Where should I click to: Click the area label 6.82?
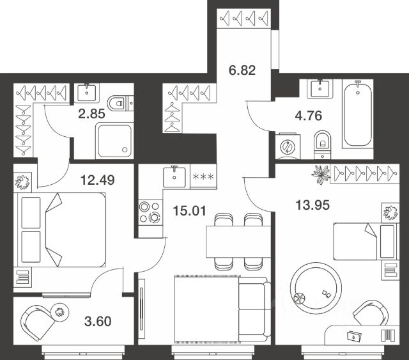pyautogui.click(x=242, y=70)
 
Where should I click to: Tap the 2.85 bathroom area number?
pyautogui.click(x=91, y=114)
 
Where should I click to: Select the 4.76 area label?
pyautogui.click(x=308, y=116)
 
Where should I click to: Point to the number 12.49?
pyautogui.click(x=98, y=180)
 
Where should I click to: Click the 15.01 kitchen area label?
pyautogui.click(x=190, y=210)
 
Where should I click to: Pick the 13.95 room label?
pyautogui.click(x=313, y=205)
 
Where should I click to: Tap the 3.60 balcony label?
pyautogui.click(x=98, y=322)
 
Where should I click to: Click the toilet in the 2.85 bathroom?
pyautogui.click(x=120, y=103)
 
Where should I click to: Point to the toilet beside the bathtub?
pyautogui.click(x=323, y=145)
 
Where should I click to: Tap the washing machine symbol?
pyautogui.click(x=288, y=146)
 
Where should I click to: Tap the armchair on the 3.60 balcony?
pyautogui.click(x=38, y=322)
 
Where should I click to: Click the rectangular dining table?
pyautogui.click(x=238, y=242)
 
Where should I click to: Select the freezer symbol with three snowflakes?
pyautogui.click(x=203, y=176)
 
